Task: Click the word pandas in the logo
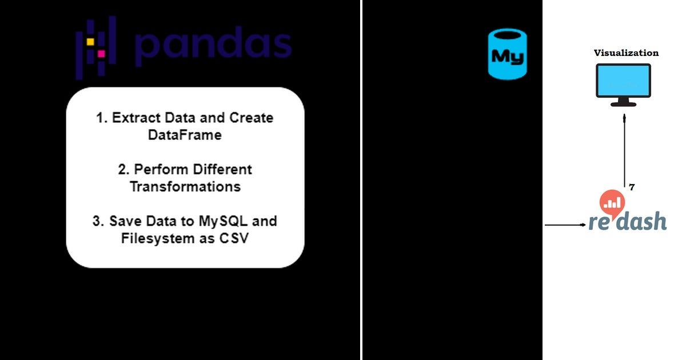[x=213, y=46]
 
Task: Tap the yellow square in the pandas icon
[x=90, y=42]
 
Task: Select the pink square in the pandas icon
[x=101, y=53]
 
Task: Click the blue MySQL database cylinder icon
[x=507, y=54]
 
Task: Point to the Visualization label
[x=626, y=53]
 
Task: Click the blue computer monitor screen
[x=623, y=80]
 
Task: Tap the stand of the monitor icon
[x=623, y=102]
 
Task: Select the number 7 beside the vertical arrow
[x=632, y=187]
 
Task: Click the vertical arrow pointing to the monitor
[x=624, y=149]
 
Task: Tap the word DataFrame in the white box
[x=185, y=135]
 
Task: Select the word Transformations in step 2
[x=185, y=187]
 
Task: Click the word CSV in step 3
[x=234, y=238]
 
